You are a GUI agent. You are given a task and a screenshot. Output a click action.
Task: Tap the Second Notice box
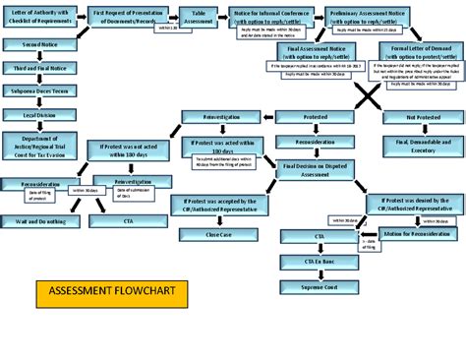coord(34,45)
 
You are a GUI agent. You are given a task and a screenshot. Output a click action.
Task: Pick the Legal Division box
coord(34,115)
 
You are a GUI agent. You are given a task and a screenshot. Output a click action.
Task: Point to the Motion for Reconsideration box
coord(415,236)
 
